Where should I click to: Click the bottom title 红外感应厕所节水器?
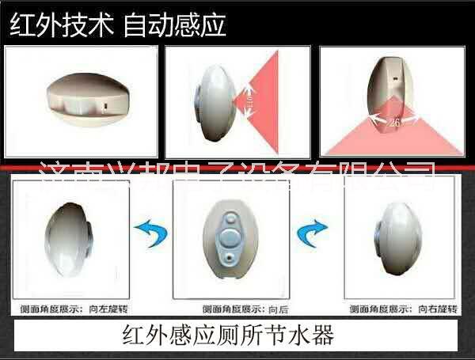coord(229,335)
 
